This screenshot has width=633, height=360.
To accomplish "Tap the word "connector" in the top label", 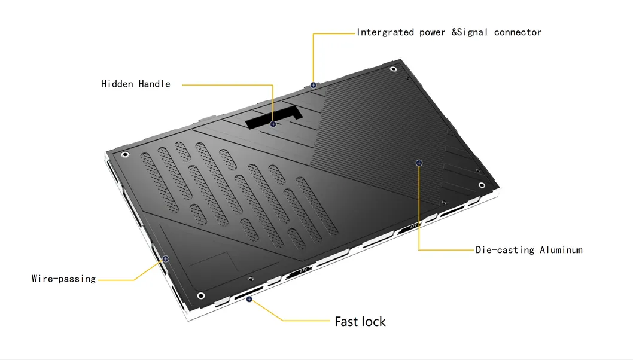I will click(x=518, y=32).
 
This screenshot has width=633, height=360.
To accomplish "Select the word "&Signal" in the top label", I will click(x=470, y=32).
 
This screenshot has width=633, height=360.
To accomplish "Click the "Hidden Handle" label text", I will click(x=136, y=84).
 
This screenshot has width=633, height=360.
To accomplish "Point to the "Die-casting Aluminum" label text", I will click(x=529, y=250).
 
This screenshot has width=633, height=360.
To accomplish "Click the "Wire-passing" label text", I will click(x=63, y=279).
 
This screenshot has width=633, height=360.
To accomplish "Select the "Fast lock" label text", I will click(x=360, y=322).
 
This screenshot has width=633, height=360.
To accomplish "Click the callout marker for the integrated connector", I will click(x=313, y=85).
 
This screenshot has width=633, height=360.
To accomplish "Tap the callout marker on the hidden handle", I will click(x=273, y=124).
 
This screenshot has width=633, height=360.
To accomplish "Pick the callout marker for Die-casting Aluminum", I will click(x=419, y=163).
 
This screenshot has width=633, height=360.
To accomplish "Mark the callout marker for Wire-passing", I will click(x=166, y=259).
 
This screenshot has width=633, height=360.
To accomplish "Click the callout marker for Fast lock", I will click(x=249, y=299).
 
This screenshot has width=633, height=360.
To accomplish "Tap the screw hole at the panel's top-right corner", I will click(x=393, y=69).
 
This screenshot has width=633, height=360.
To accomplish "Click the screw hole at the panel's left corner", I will click(x=125, y=155).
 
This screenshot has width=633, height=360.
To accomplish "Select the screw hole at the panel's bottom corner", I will click(x=201, y=295).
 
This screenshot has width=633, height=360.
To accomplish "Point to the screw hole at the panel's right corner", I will click(x=480, y=185).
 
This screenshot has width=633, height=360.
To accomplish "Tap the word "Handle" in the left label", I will click(x=154, y=84).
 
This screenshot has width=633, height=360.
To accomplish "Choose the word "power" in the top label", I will click(x=432, y=32).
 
